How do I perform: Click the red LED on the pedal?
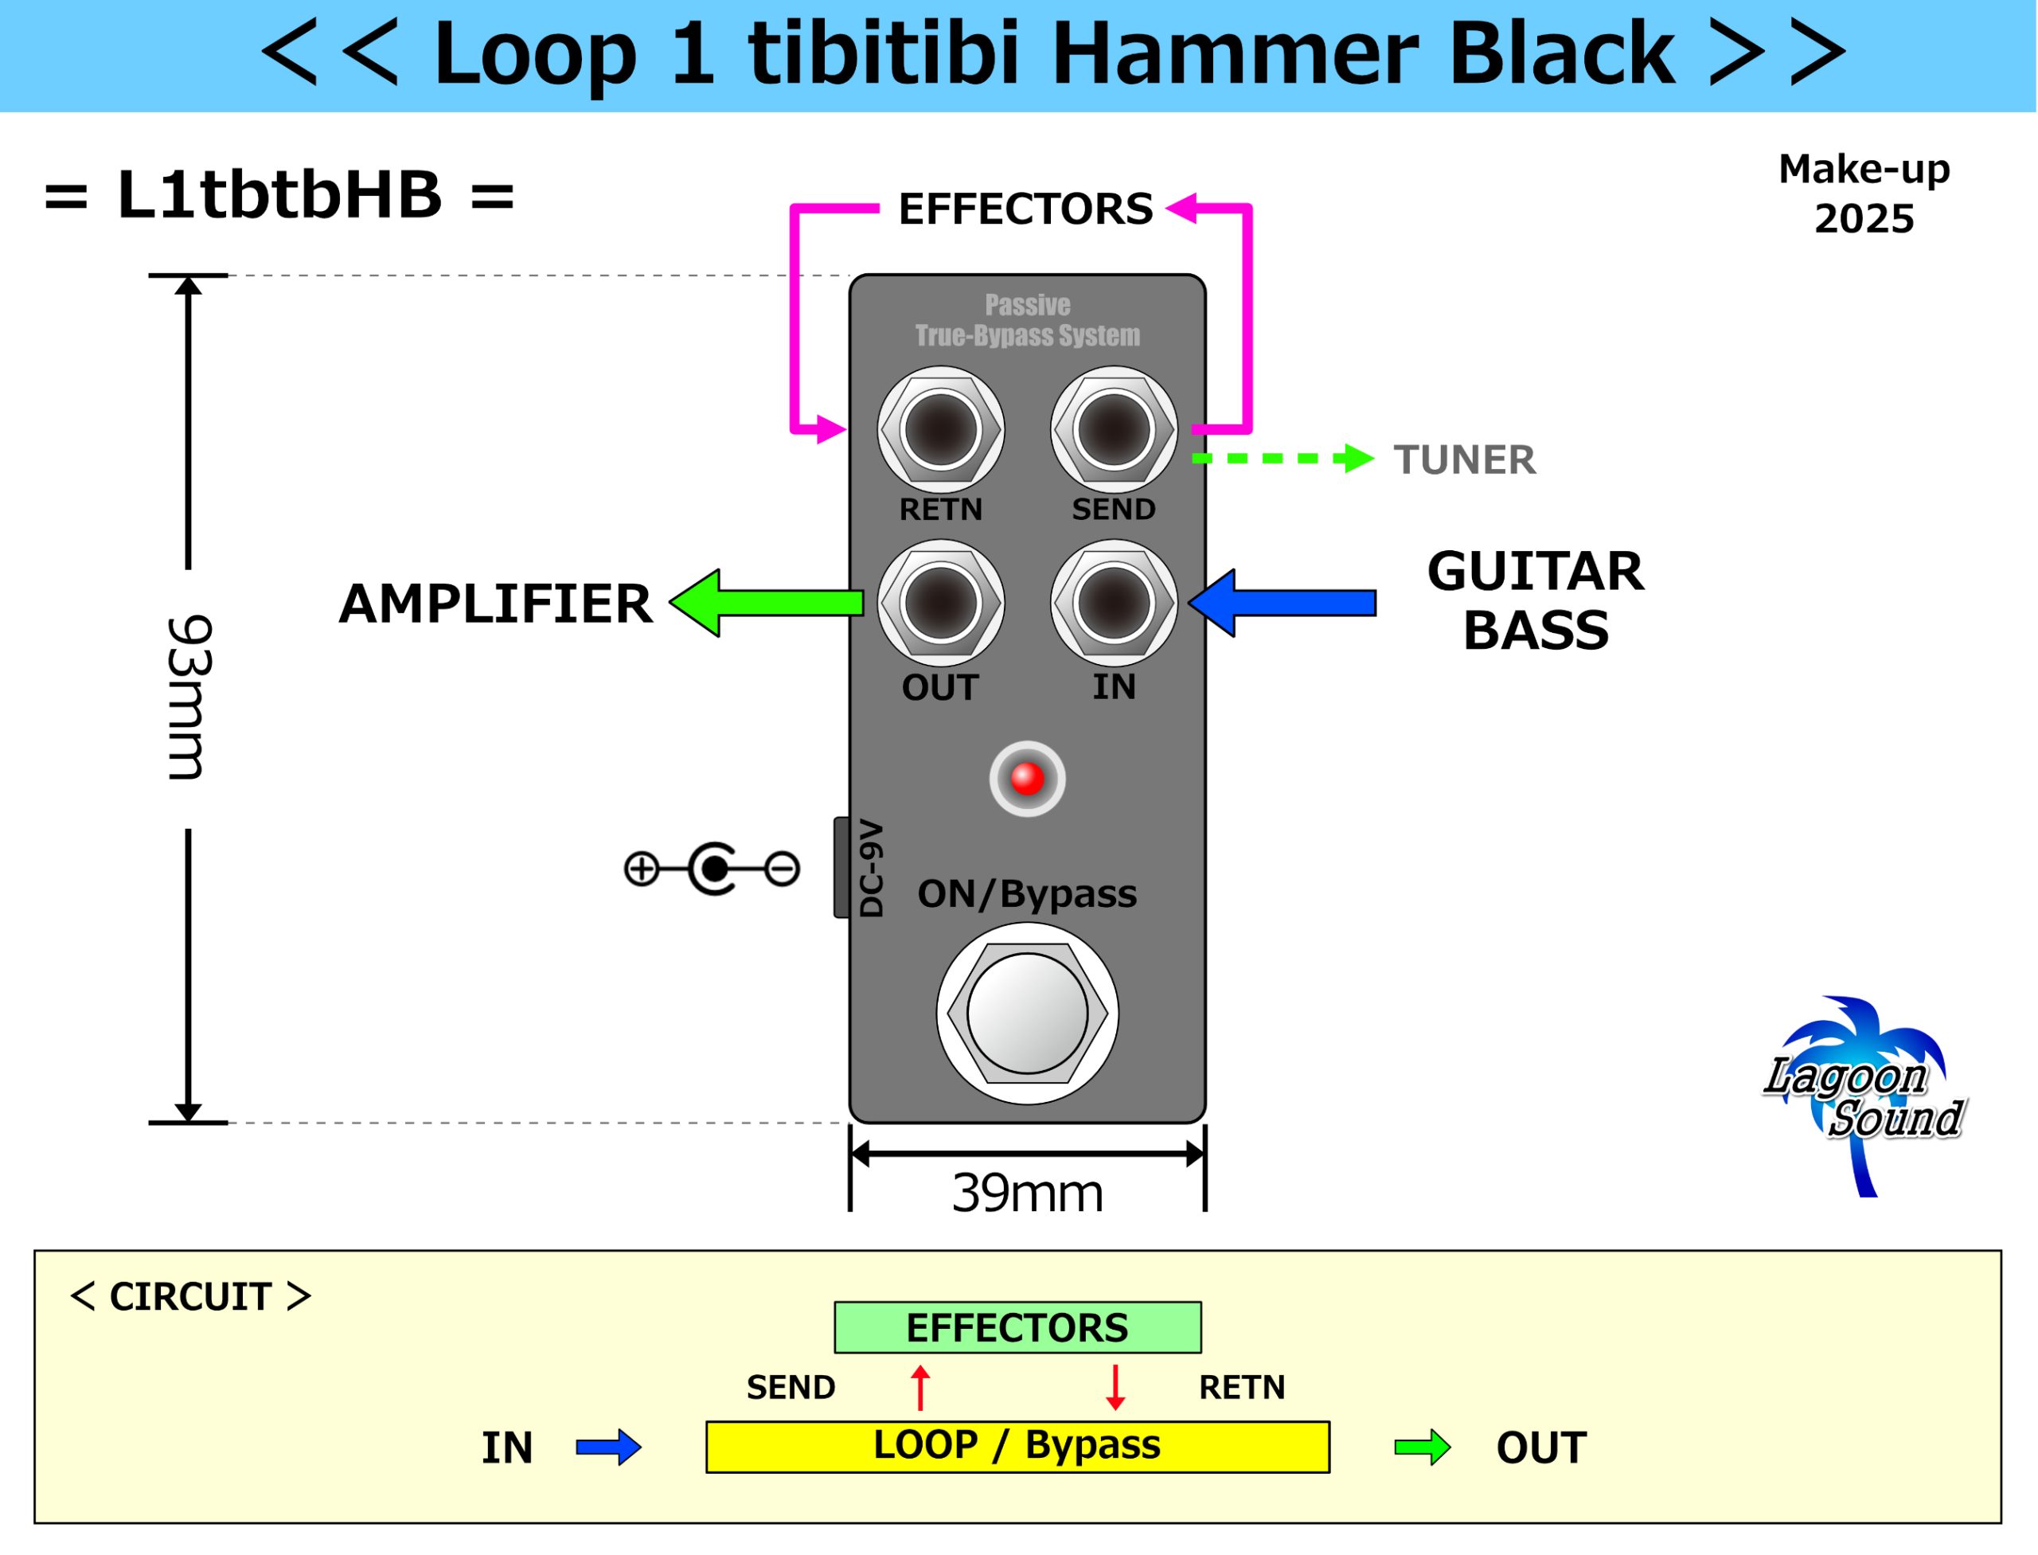tap(1026, 779)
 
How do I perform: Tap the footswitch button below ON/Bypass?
tap(1026, 1014)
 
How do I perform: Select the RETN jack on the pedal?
tap(940, 429)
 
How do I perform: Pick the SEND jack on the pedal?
tap(1114, 429)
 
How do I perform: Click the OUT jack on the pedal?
tap(940, 603)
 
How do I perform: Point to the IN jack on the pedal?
tap(1114, 603)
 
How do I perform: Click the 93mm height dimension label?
tap(189, 698)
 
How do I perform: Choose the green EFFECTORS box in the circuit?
tap(1017, 1327)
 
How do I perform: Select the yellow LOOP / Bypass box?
tap(1017, 1446)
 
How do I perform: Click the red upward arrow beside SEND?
tap(920, 1386)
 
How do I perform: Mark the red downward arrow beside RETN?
tap(1115, 1386)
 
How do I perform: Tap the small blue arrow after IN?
tap(608, 1447)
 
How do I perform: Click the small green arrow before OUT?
tap(1422, 1447)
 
